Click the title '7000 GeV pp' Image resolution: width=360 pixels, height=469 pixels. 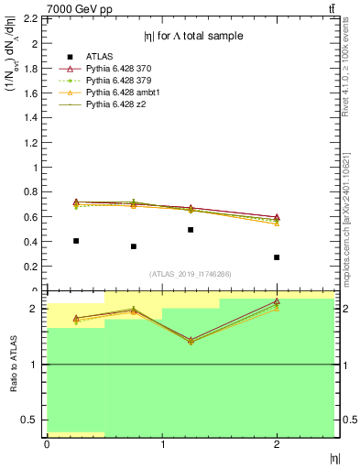coord(79,9)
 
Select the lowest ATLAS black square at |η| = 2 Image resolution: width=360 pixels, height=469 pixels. coord(277,257)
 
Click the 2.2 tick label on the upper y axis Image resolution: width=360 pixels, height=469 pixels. coord(30,19)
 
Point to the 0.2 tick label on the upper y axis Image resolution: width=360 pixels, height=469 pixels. coord(30,267)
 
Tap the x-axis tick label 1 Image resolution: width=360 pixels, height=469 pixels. coord(162,444)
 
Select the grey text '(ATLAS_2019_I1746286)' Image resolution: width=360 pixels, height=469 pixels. coord(190,274)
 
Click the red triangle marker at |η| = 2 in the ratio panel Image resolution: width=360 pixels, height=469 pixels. coord(277,301)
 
